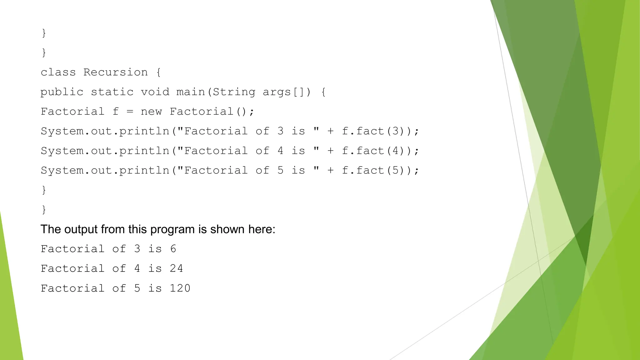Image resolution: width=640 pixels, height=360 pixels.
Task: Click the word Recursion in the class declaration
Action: pos(115,72)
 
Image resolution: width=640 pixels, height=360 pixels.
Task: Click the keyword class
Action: pos(58,72)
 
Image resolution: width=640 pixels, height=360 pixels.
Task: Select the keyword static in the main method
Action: pos(112,92)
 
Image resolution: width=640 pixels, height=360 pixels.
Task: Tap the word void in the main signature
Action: pos(155,92)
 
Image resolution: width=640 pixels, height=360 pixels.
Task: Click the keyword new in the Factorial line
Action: pos(151,112)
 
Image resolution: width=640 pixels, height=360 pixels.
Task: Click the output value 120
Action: pos(180,288)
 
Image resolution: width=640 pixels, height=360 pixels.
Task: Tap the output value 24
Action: pos(176,268)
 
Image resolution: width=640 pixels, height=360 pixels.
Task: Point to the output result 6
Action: pos(173,249)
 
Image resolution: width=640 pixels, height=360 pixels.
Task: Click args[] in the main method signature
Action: pos(284,92)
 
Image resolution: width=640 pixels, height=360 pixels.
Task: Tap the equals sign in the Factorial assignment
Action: pos(130,112)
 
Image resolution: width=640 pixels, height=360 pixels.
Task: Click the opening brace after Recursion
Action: pos(158,72)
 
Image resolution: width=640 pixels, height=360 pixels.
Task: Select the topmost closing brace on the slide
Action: pos(44,33)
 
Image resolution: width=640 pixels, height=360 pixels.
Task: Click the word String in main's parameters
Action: pos(234,92)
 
